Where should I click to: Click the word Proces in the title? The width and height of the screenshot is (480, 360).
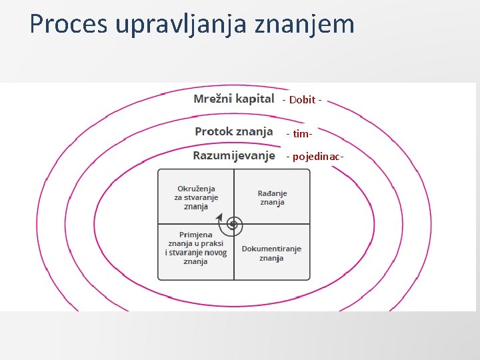69,24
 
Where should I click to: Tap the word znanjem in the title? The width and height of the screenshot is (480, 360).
315,24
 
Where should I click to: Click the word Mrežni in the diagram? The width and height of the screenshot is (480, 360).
212,99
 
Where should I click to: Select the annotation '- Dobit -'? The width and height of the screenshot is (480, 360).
303,100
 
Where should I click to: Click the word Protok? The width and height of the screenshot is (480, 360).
215,131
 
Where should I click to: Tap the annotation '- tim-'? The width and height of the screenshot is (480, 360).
299,134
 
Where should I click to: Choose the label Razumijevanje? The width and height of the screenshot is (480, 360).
234,156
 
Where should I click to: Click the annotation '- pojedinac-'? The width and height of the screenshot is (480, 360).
315,157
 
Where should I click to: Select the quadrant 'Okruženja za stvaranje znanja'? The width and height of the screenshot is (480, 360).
196,197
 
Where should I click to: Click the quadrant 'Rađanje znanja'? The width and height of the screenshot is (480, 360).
272,197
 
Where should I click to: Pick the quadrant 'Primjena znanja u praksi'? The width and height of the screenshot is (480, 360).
196,248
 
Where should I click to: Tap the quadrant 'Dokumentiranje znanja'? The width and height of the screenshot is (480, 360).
272,253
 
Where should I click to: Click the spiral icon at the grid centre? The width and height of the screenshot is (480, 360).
233,225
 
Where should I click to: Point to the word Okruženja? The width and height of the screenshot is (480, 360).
196,189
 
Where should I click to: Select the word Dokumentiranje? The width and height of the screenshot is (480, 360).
271,249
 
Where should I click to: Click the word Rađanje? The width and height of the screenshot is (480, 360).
272,193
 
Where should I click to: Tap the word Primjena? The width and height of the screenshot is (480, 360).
196,235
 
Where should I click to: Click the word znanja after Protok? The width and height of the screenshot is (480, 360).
254,131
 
